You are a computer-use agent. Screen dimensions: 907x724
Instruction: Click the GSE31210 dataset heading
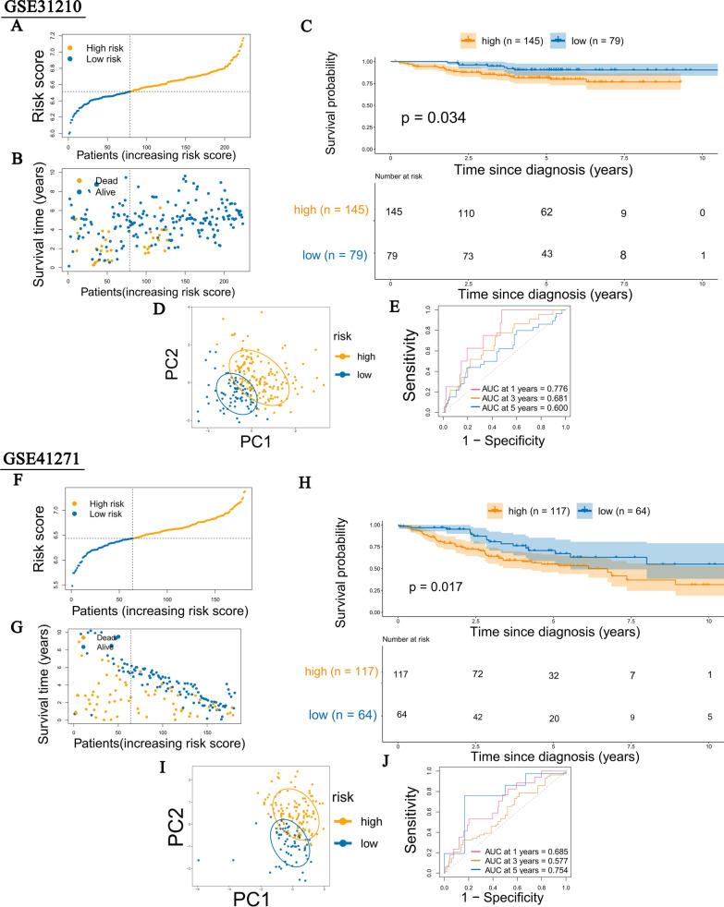[x=41, y=8]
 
